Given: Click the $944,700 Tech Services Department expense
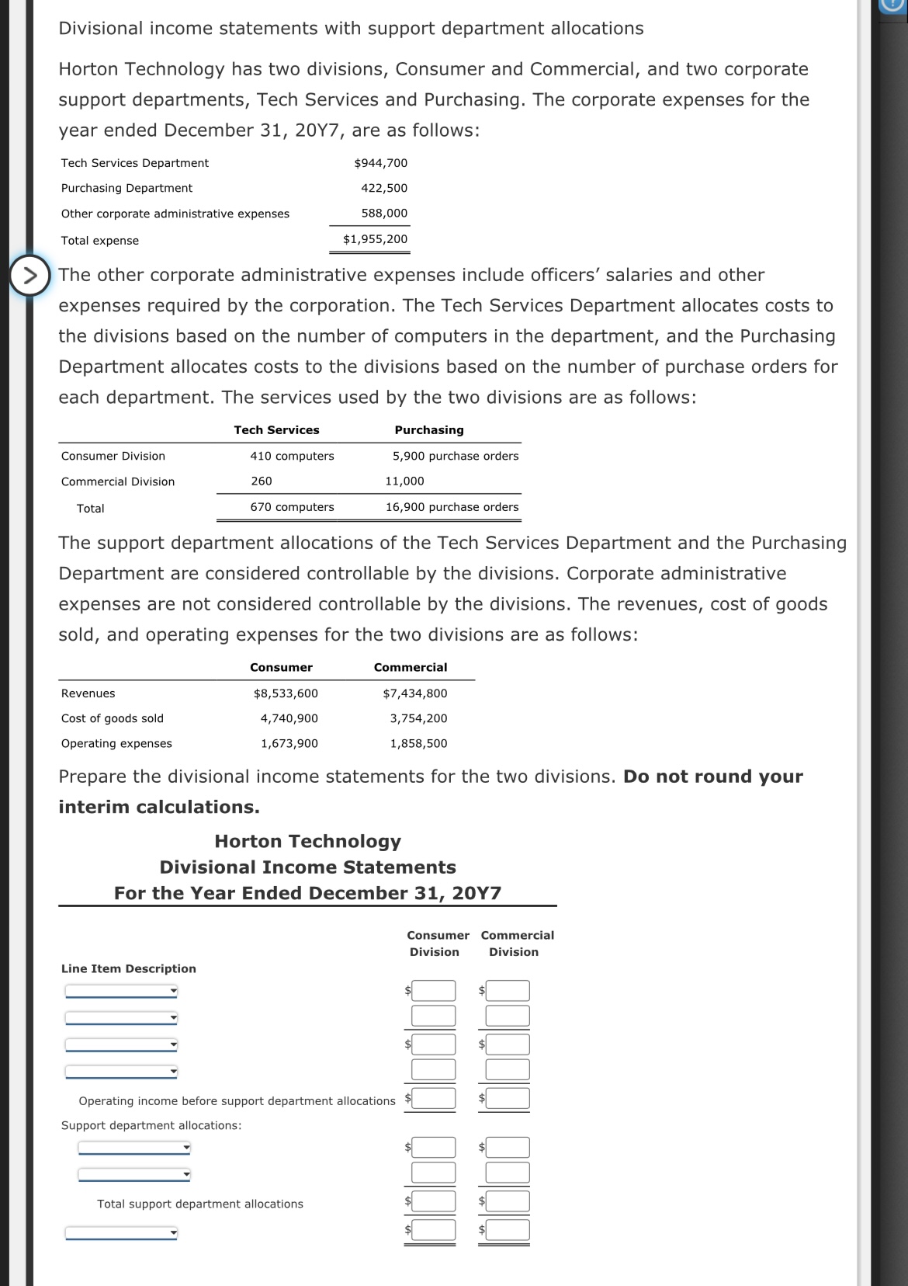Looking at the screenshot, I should point(380,163).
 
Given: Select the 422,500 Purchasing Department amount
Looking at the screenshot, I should point(383,188).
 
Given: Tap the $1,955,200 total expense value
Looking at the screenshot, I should point(375,239).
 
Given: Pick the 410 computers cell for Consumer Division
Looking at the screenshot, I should point(292,456).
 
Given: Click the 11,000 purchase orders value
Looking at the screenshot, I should point(404,481).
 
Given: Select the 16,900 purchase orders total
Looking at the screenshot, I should point(452,507).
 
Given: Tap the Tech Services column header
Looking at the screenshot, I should point(276,430).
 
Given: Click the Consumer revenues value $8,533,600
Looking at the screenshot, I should point(286,693).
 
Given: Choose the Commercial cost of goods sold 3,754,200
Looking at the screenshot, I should point(418,718).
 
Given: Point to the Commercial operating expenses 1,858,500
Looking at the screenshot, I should point(418,743).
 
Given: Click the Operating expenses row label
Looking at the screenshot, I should point(116,743).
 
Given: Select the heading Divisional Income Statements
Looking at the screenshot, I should point(307,867).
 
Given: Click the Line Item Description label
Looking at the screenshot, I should point(129,968).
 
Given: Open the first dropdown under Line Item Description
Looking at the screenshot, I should point(121,991).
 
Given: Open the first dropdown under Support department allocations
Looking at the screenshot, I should point(134,1148).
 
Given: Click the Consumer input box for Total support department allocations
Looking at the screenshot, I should point(433,1201).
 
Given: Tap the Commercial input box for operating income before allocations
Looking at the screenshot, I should point(508,1098).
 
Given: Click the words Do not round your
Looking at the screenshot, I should point(712,777).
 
